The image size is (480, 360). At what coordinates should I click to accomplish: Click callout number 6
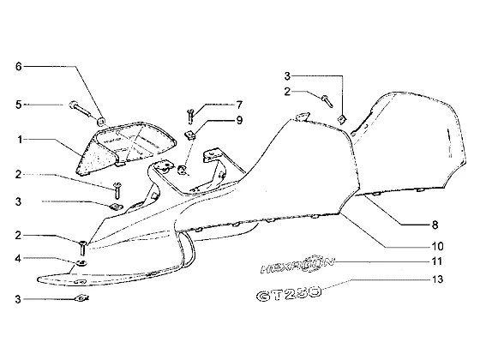[19, 66]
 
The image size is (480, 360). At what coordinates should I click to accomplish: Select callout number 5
[19, 105]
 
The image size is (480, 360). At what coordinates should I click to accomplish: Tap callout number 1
[20, 140]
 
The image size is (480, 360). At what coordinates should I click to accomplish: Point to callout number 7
[239, 105]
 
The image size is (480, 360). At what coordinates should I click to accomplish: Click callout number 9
[239, 120]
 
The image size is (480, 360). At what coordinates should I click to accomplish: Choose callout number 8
[435, 225]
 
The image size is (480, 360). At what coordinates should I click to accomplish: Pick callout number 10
[437, 246]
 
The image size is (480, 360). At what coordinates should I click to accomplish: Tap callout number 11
[437, 261]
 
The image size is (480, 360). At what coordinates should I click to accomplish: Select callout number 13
[437, 279]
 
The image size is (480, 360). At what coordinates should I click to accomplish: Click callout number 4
[18, 258]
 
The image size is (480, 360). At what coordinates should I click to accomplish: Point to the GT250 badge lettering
[289, 293]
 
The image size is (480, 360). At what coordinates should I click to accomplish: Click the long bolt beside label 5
[81, 109]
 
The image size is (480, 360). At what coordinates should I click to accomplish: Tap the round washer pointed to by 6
[101, 122]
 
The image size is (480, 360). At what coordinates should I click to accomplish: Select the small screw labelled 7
[190, 117]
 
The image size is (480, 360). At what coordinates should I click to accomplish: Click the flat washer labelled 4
[81, 263]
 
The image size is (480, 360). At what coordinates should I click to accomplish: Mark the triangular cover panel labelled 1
[126, 147]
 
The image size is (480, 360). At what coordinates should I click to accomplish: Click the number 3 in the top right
[287, 76]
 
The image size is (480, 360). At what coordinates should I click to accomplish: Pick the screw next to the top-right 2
[327, 101]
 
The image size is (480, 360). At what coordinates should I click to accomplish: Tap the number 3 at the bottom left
[18, 299]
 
